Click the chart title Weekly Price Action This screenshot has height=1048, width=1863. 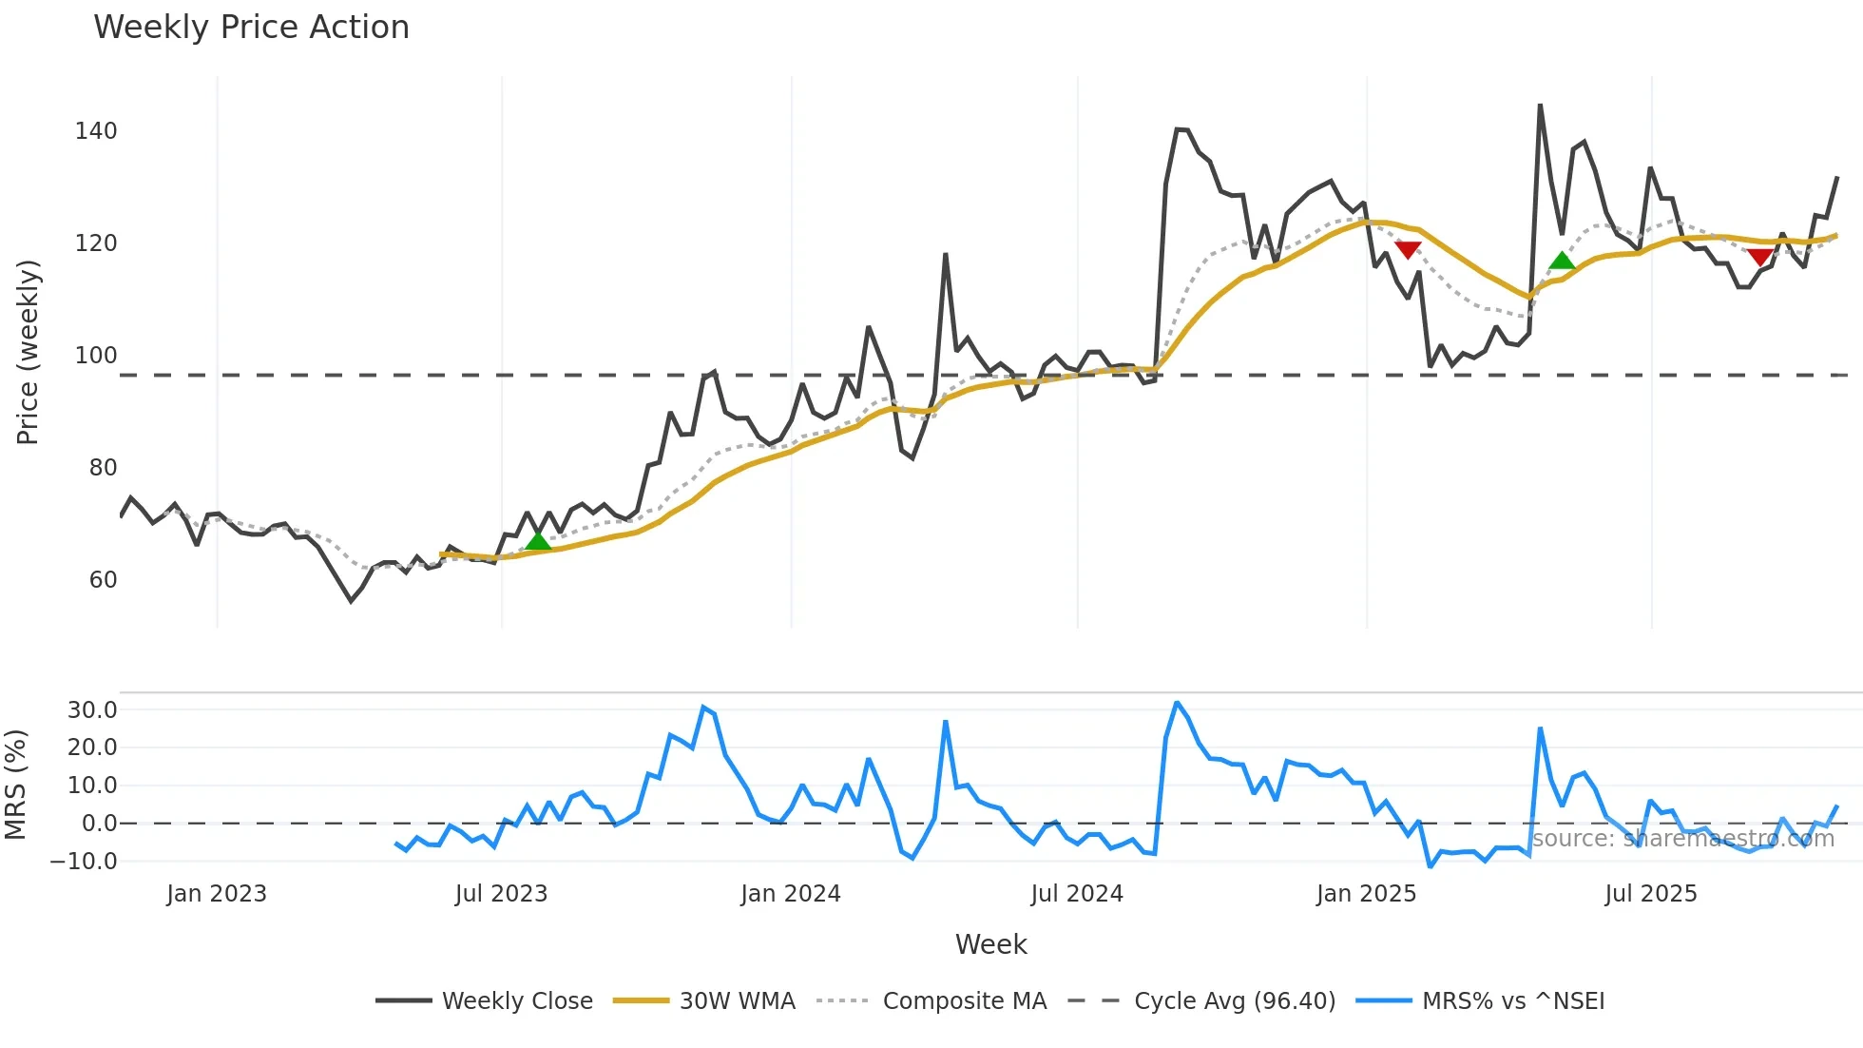tap(251, 28)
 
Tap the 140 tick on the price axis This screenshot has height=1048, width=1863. tap(96, 131)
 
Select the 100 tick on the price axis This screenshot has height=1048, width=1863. tap(96, 356)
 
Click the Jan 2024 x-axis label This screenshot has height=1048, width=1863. tap(791, 894)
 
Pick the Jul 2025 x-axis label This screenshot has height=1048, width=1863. tap(1650, 894)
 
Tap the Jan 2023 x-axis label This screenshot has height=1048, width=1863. tap(217, 894)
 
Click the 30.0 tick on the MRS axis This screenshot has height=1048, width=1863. tap(92, 710)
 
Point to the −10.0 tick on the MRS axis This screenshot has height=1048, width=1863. tap(85, 862)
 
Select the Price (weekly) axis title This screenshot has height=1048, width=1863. tap(29, 352)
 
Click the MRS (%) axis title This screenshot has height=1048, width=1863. tap(16, 785)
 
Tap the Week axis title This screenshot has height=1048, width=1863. tap(990, 944)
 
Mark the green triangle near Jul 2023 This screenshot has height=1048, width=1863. tap(538, 541)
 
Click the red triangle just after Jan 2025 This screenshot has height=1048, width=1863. tap(1408, 249)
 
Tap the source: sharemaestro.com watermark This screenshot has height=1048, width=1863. tap(1682, 839)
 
